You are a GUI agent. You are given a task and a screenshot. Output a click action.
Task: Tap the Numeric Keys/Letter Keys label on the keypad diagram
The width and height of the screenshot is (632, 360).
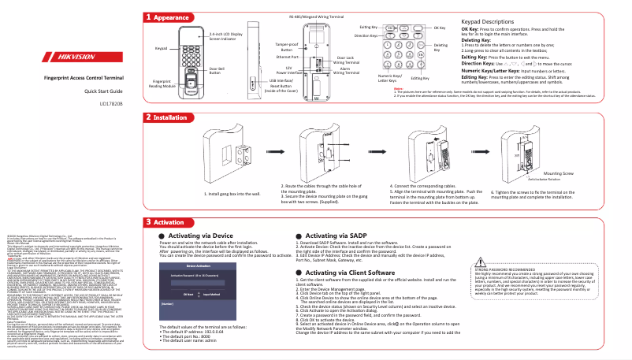pos(365,77)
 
